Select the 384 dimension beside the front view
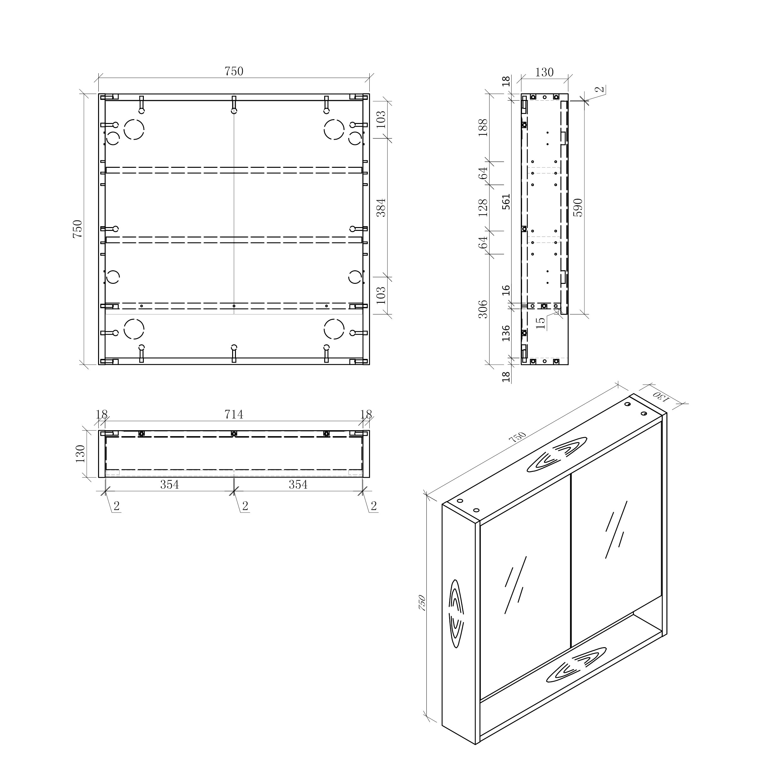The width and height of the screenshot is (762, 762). coord(381,208)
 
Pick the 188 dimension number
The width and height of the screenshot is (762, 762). coord(483,127)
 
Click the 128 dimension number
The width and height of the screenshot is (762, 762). coord(483,208)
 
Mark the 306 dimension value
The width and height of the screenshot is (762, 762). coord(483,309)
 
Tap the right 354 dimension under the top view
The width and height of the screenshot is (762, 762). coord(298,485)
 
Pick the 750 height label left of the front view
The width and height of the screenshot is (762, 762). coord(78,229)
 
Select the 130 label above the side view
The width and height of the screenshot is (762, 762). coord(544,72)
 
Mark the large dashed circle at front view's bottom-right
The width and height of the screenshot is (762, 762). coord(334,329)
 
